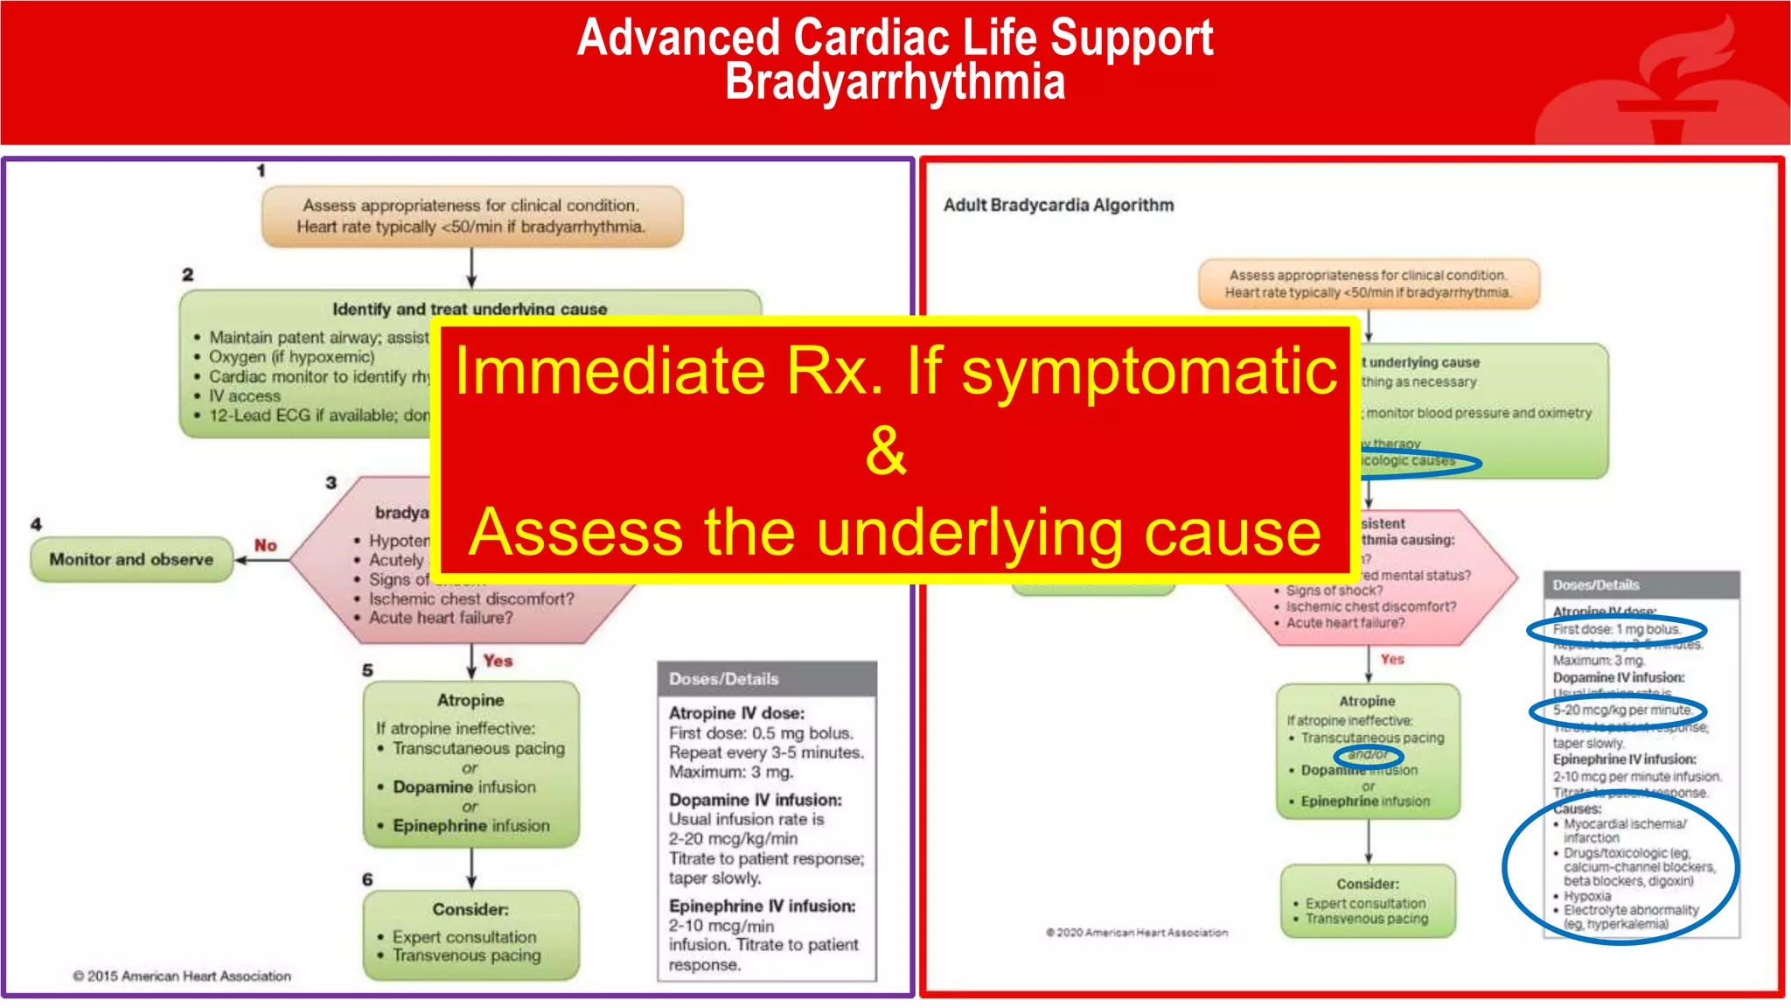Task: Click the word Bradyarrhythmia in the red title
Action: click(x=895, y=83)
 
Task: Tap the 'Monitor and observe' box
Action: click(x=131, y=559)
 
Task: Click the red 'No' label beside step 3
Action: click(x=266, y=545)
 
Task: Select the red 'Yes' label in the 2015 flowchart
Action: click(x=498, y=661)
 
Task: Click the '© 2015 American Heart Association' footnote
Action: click(x=182, y=976)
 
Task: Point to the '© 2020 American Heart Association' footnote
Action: click(x=1137, y=933)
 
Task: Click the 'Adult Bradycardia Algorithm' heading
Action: click(x=1058, y=205)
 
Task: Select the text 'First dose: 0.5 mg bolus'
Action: click(x=760, y=733)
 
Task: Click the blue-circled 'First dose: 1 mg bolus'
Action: click(x=1616, y=629)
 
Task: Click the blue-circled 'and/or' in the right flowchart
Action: click(x=1368, y=754)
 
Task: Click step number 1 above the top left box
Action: click(x=261, y=171)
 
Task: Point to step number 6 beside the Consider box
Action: click(x=367, y=879)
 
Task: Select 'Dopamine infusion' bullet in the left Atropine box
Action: click(x=463, y=787)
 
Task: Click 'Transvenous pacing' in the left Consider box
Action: click(x=466, y=955)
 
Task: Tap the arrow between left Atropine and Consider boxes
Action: click(x=471, y=868)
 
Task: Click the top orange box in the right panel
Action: click(x=1368, y=283)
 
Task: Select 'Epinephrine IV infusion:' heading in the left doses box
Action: click(x=762, y=906)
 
